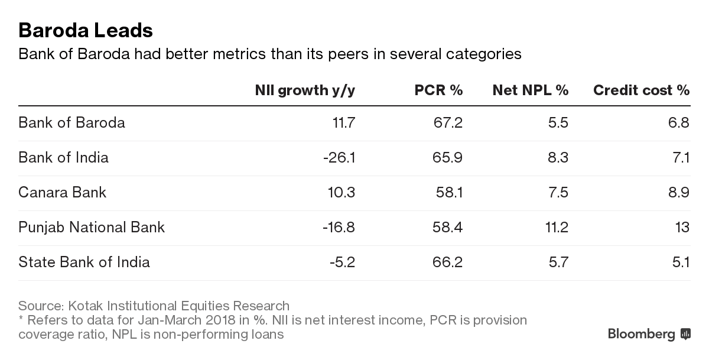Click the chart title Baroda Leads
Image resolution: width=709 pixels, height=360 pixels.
click(x=86, y=30)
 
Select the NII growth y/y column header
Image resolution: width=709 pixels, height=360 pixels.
click(x=305, y=90)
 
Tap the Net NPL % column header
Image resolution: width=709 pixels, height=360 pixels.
click(x=530, y=90)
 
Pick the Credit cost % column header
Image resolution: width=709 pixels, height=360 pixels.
click(x=641, y=90)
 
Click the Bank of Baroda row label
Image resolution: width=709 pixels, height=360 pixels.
click(x=71, y=123)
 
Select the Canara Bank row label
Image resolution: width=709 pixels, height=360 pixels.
click(x=62, y=193)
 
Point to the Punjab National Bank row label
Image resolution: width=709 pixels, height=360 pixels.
click(x=92, y=228)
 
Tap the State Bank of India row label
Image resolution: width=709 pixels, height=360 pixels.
click(x=84, y=262)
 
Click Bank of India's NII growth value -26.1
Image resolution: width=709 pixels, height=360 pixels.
click(x=338, y=158)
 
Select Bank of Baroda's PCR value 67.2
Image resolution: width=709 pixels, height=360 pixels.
click(x=448, y=123)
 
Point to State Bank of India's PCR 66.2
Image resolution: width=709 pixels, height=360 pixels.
click(x=448, y=262)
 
